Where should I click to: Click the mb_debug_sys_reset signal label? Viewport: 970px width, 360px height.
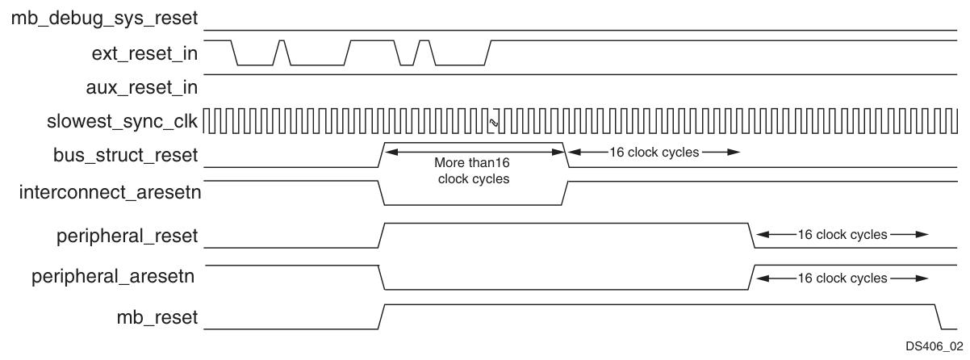pyautogui.click(x=104, y=17)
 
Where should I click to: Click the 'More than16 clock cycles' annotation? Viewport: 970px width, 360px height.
pyautogui.click(x=474, y=170)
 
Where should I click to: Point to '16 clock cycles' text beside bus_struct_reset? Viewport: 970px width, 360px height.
pyautogui.click(x=654, y=151)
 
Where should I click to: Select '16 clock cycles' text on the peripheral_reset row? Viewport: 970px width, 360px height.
pyautogui.click(x=842, y=235)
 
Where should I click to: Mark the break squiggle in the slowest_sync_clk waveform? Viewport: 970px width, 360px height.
pyautogui.click(x=491, y=122)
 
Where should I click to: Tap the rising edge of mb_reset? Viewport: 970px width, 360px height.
pyautogui.click(x=382, y=316)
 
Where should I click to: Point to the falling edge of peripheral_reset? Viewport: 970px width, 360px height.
pyautogui.click(x=750, y=235)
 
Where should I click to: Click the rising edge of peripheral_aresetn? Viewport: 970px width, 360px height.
pyautogui.click(x=751, y=277)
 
